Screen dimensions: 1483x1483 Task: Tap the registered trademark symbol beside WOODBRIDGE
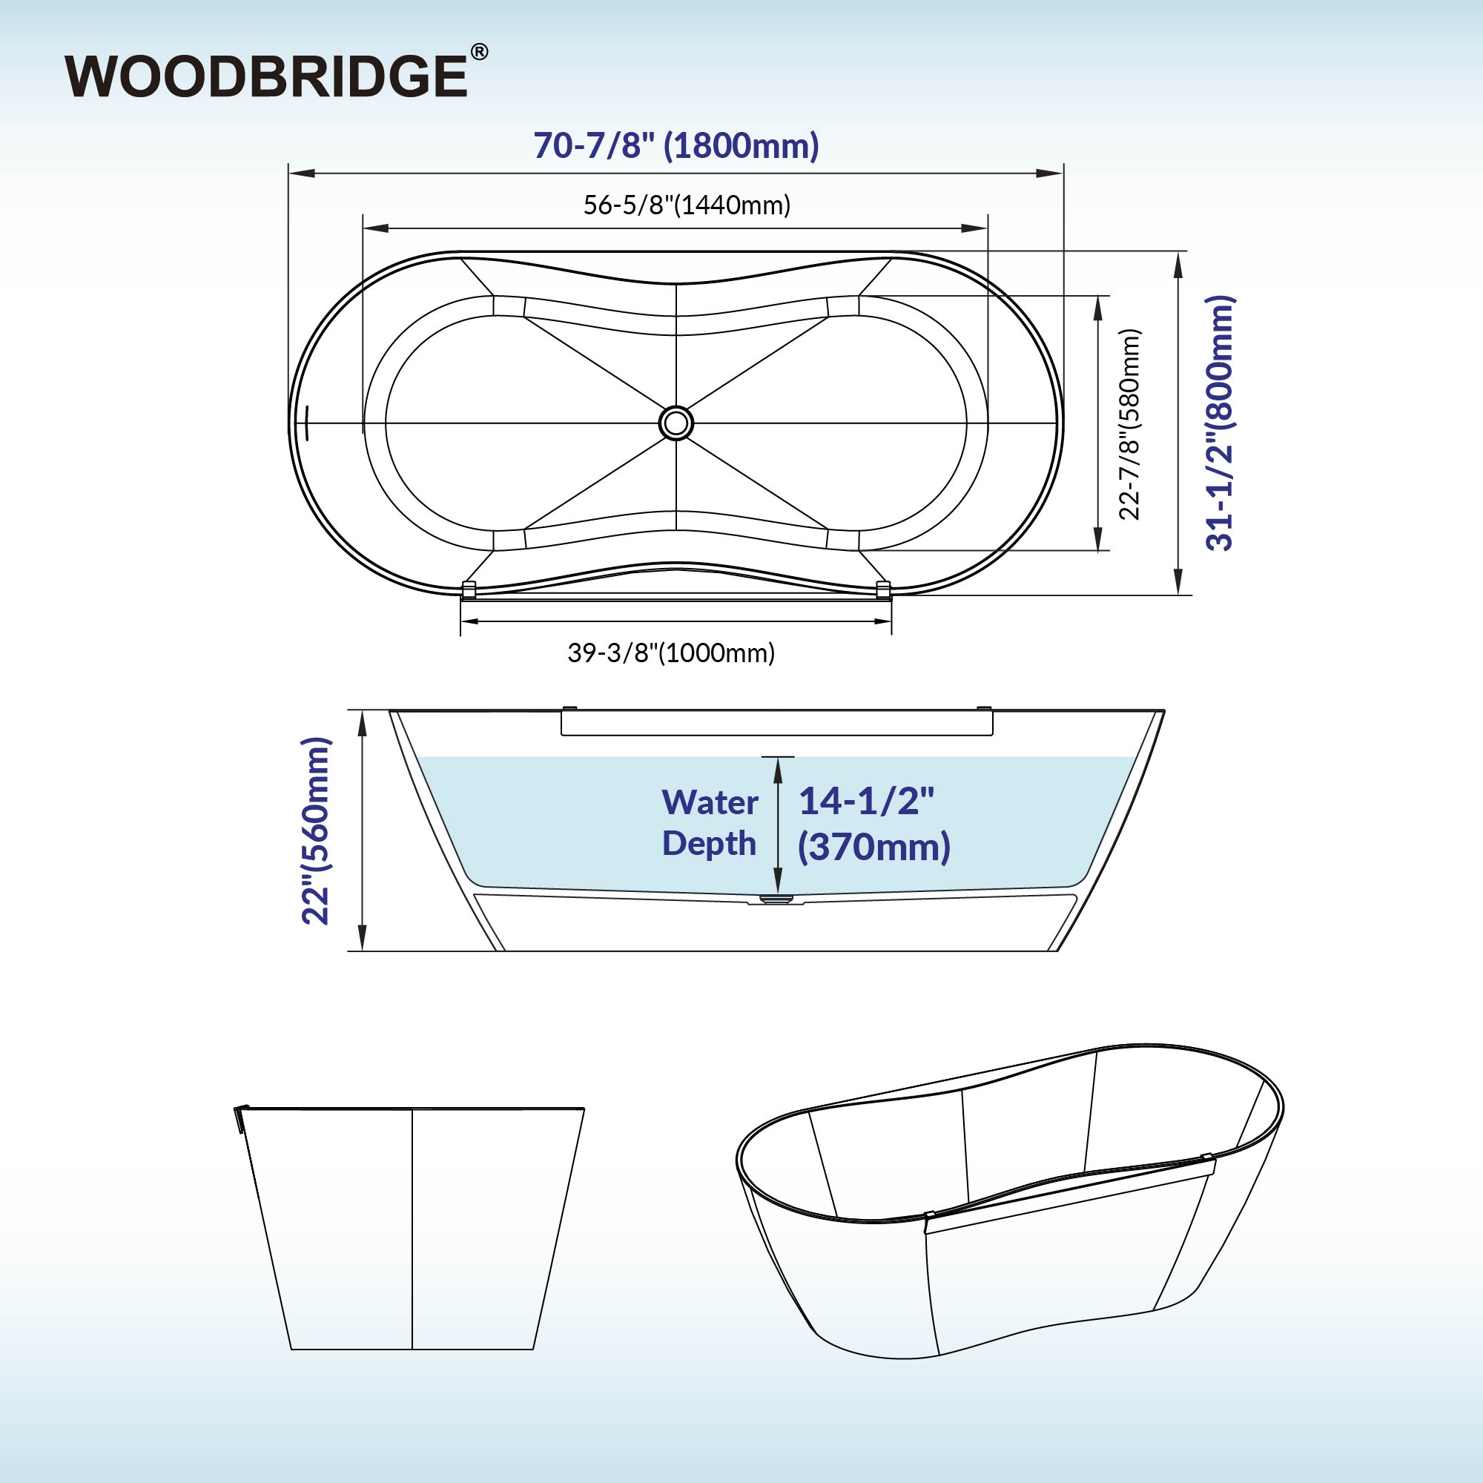(478, 52)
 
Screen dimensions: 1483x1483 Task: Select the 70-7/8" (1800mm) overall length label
(676, 145)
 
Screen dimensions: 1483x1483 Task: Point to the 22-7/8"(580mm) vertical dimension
(1129, 424)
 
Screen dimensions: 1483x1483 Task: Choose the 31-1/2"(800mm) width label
(1220, 423)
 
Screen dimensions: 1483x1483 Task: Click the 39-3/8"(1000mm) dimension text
(671, 653)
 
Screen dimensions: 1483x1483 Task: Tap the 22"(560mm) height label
(315, 830)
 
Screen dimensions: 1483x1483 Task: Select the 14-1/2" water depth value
(867, 802)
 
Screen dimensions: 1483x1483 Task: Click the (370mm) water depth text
(874, 848)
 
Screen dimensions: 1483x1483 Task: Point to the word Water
(710, 803)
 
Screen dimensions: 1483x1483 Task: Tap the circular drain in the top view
(676, 423)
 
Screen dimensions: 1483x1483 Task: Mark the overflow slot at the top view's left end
(306, 423)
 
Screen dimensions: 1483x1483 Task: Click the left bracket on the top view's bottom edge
(468, 589)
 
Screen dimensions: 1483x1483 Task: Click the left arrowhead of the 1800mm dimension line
(302, 174)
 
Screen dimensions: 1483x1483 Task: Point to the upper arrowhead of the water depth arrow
(779, 768)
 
